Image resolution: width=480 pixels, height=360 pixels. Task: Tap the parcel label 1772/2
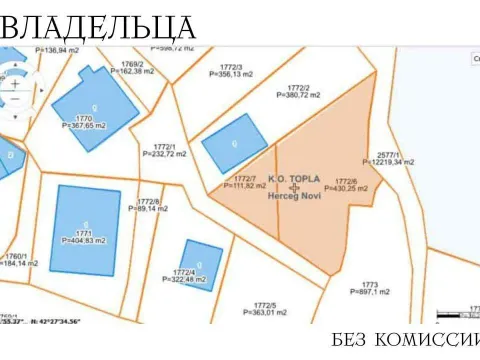[299, 87]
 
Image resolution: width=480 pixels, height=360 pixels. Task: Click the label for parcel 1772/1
[165, 146]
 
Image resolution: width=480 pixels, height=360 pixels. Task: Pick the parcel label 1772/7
[245, 179]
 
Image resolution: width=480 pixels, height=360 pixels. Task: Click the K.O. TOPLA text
[293, 178]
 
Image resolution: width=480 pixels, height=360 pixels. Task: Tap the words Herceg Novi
[294, 196]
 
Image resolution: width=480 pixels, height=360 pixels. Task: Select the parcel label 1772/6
[346, 180]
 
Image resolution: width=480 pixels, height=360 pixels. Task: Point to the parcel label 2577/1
[386, 153]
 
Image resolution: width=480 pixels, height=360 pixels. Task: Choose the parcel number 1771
[83, 232]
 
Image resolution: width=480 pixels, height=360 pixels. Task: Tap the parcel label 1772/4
[183, 272]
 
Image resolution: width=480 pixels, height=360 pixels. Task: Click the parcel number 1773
[369, 284]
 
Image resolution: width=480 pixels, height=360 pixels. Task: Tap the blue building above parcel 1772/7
[234, 143]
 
